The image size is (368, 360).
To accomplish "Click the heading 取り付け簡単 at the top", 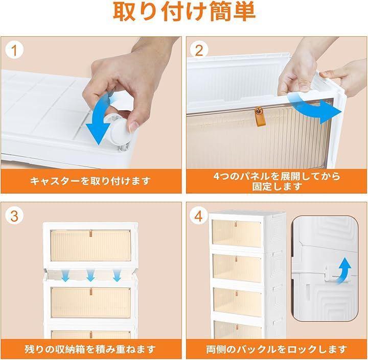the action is pyautogui.click(x=185, y=12).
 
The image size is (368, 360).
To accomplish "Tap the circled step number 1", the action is pyautogui.click(x=14, y=51).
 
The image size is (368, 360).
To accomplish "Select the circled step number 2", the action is pyautogui.click(x=198, y=51).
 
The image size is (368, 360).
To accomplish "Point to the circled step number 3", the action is pyautogui.click(x=14, y=216).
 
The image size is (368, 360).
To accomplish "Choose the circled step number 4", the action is pyautogui.click(x=198, y=216).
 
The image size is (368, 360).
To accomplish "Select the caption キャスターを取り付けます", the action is pyautogui.click(x=90, y=181).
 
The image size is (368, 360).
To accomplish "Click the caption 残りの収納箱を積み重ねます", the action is pyautogui.click(x=90, y=349).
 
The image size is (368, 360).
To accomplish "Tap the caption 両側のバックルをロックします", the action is pyautogui.click(x=277, y=349).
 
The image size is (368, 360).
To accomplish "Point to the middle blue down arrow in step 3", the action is pyautogui.click(x=90, y=275).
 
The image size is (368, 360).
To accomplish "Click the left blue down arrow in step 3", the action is pyautogui.click(x=65, y=275).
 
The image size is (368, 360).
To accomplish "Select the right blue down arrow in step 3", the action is pyautogui.click(x=117, y=275).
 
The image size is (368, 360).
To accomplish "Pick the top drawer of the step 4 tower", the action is pyautogui.click(x=237, y=233).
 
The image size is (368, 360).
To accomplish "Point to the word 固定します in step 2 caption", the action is pyautogui.click(x=277, y=186).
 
